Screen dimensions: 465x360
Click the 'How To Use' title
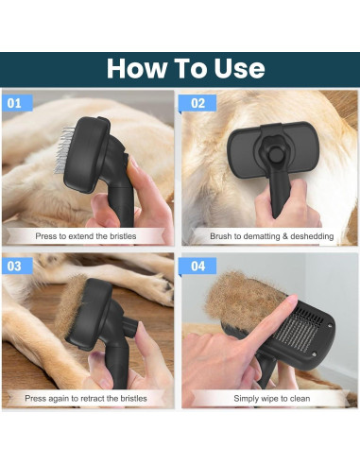coord(184,69)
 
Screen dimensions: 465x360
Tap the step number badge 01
coord(15,103)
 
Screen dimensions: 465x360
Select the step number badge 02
coord(197,103)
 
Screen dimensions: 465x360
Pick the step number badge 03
coord(15,266)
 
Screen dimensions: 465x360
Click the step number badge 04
coord(197,266)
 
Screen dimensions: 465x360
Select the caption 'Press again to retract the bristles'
coord(88,398)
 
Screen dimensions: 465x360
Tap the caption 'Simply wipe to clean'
coord(268,398)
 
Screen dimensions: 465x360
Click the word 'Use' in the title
coord(233,69)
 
